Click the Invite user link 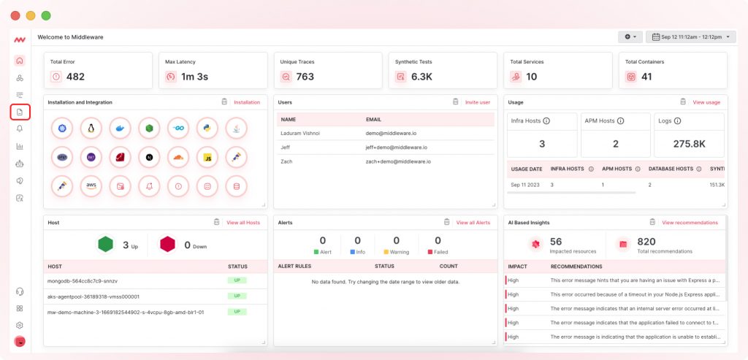point(478,102)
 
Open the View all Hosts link point(243,222)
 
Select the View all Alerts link point(473,222)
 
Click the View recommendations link point(690,222)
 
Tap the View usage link point(706,102)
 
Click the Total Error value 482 point(75,77)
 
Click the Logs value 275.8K point(689,144)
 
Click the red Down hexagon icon point(168,245)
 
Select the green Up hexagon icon point(106,245)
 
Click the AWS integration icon point(91,185)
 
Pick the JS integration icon point(207,156)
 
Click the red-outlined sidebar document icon point(20,112)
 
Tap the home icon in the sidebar point(20,61)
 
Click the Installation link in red point(247,102)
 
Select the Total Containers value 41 point(646,77)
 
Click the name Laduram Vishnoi point(300,134)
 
